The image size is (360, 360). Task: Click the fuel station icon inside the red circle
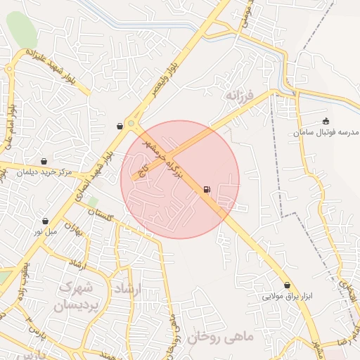207,189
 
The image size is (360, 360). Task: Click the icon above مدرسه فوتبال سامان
326,121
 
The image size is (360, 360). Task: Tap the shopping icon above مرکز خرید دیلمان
44,161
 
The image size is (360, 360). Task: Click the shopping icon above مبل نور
45,221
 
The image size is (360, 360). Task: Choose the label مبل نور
45,231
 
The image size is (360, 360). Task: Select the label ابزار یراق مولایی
286,296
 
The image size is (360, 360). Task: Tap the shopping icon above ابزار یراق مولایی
287,285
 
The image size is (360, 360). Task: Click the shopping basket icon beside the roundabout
120,127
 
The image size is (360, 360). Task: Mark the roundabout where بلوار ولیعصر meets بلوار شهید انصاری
131,124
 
